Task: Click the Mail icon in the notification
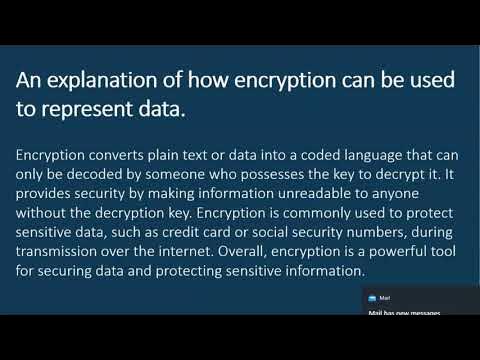372,298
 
